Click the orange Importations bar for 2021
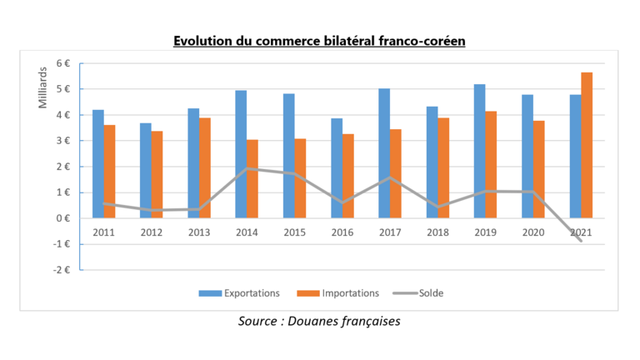tap(587, 145)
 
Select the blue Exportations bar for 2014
tap(241, 154)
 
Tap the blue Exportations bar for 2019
tap(480, 151)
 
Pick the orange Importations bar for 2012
tap(157, 174)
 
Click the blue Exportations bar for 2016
tap(336, 167)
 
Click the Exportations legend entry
tap(238, 292)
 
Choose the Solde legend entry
tap(427, 292)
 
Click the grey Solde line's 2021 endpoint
tap(580, 242)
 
